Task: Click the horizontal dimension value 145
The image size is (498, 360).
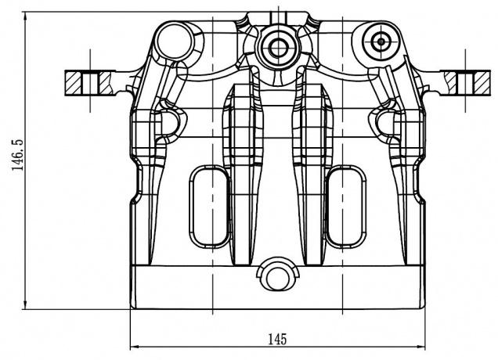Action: point(277,339)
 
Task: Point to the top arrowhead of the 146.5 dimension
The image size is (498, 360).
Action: point(27,15)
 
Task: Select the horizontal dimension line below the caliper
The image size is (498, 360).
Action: point(204,346)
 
